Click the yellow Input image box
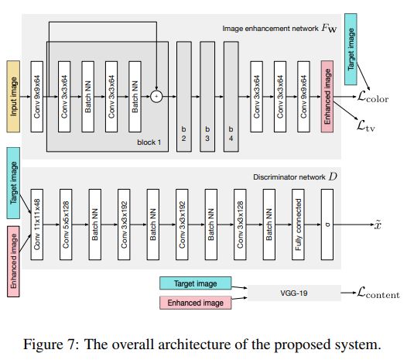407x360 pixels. (13, 97)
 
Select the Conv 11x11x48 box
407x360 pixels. (37, 225)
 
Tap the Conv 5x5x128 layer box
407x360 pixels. (66, 225)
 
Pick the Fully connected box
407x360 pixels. (298, 225)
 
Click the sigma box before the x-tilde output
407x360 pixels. (327, 225)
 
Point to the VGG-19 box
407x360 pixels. (294, 293)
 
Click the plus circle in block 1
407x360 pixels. (156, 97)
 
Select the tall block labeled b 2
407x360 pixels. (184, 97)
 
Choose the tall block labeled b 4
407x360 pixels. (231, 97)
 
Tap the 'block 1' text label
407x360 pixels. (149, 142)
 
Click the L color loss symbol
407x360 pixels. (373, 97)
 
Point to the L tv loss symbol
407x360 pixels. (366, 126)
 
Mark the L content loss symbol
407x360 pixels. (378, 293)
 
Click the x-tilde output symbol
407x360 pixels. (378, 225)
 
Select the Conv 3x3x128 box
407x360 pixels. (240, 225)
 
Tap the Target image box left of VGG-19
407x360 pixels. (196, 283)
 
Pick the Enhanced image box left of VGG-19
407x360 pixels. (196, 303)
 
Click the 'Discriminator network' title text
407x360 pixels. (289, 177)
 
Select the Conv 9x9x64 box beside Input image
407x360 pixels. (37, 97)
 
